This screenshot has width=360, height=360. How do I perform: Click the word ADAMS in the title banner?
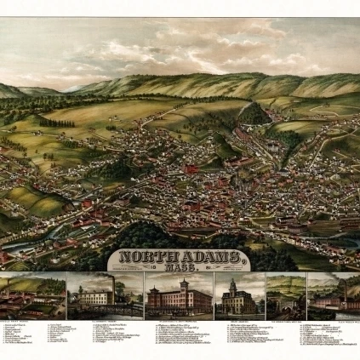click(203, 255)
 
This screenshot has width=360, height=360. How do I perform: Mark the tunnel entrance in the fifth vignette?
click(285, 303)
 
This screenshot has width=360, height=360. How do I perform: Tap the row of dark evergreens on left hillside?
click(56, 123)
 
